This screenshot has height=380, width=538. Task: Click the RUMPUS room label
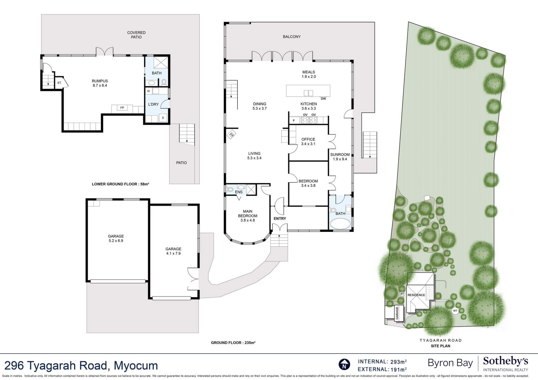pos(100,83)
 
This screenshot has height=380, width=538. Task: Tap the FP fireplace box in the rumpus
pos(122,108)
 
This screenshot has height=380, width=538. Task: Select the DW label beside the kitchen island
pos(323,99)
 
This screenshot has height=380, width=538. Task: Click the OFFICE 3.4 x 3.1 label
pos(308,141)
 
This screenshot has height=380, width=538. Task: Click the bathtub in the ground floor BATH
pos(340,224)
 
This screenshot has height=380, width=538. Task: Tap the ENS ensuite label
pos(239,192)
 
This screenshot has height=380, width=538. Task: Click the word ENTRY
pos(280,218)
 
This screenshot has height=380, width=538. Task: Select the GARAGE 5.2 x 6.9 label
pos(116,238)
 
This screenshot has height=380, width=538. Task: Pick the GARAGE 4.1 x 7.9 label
pos(173,251)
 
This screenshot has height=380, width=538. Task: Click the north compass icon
pos(344,365)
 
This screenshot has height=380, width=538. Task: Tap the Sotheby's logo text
pos(505,361)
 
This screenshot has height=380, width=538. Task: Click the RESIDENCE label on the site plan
pos(416,295)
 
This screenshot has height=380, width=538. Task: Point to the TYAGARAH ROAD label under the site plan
pos(440,340)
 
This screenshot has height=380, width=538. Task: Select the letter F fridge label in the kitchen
pos(294,121)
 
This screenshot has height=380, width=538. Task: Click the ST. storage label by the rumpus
pos(59,83)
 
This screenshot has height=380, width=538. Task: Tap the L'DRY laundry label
pos(153,104)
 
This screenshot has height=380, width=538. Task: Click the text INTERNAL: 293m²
pos(382,362)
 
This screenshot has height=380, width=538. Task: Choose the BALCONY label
pos(292,37)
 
